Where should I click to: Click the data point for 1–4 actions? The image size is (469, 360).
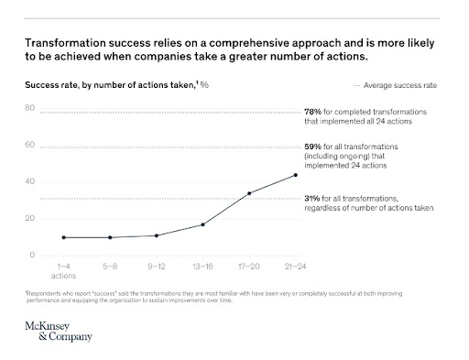point(63,237)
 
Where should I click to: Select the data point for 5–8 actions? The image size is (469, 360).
point(110,237)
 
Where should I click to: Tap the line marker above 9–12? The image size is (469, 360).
point(157,235)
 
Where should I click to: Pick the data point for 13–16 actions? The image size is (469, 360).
point(202,224)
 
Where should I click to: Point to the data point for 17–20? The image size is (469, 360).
point(249,193)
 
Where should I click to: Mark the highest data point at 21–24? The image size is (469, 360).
point(295,175)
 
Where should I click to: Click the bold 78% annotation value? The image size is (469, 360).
point(311,112)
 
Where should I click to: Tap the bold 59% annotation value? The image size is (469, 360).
point(311,147)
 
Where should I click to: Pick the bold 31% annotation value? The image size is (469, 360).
point(311,199)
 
